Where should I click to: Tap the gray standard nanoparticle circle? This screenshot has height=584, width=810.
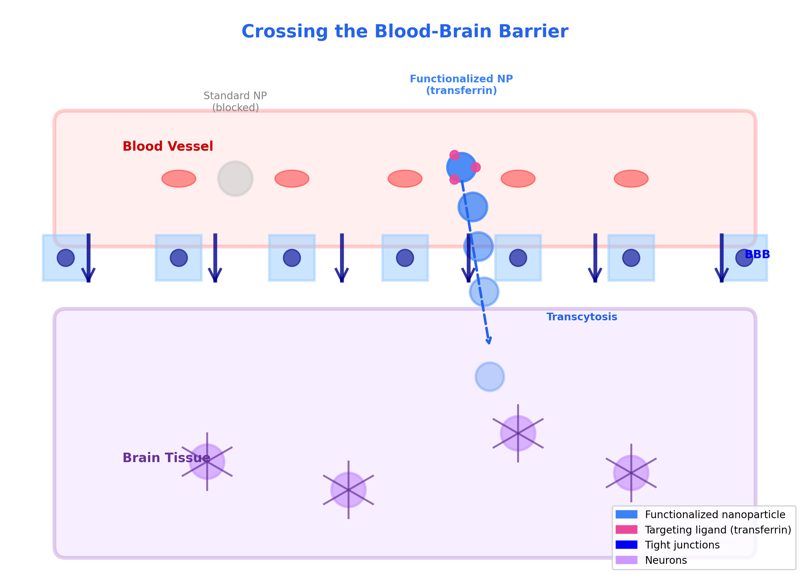click(x=235, y=179)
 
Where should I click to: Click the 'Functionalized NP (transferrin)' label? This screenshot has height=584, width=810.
click(x=461, y=85)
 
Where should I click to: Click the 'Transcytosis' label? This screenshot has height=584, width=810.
click(x=582, y=317)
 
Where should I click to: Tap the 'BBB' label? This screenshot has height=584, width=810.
click(x=757, y=254)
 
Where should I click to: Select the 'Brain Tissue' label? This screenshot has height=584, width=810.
click(x=166, y=458)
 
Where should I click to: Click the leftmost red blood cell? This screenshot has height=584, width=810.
click(x=179, y=179)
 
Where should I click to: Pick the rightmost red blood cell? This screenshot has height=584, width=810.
click(x=631, y=179)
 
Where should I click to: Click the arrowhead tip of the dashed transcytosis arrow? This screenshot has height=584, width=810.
click(x=489, y=343)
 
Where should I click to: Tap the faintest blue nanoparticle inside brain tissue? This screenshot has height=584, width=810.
click(x=490, y=377)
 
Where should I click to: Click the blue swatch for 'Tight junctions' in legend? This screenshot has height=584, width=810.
click(x=626, y=545)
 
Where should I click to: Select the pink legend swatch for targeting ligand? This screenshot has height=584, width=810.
click(x=626, y=530)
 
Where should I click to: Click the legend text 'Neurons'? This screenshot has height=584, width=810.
click(x=666, y=560)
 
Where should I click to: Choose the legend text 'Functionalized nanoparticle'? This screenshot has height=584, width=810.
click(x=715, y=515)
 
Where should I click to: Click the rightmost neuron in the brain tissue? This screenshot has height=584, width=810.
click(x=631, y=473)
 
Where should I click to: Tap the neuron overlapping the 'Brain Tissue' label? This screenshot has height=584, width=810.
click(x=207, y=462)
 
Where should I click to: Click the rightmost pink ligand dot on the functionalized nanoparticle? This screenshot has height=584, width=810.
click(x=475, y=167)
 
